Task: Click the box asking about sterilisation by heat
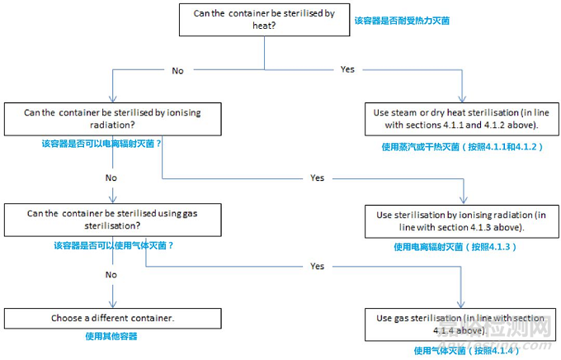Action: coord(264,20)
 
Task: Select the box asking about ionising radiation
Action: coord(113,119)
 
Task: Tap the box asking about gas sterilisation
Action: coord(113,220)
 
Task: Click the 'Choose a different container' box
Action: coord(113,319)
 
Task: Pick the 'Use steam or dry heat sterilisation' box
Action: coord(461,119)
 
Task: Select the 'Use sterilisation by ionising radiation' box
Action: coord(461,221)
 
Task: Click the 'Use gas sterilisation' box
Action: coord(461,324)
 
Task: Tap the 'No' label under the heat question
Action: coord(178,70)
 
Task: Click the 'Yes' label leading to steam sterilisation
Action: coord(347,69)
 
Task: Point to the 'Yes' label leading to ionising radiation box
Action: coord(318,178)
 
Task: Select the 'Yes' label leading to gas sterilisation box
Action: coord(318,266)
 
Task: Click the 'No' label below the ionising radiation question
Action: coord(111,178)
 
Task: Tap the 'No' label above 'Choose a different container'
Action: coord(111,274)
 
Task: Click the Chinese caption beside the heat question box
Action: coord(402,21)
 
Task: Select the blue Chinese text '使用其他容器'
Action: coord(111,336)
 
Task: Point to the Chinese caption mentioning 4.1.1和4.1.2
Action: coord(462,147)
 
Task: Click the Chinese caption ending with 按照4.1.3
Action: coord(455,247)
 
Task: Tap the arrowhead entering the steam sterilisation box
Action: coord(462,99)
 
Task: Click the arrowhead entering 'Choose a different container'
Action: coord(113,305)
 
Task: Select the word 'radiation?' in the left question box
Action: coord(112,125)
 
